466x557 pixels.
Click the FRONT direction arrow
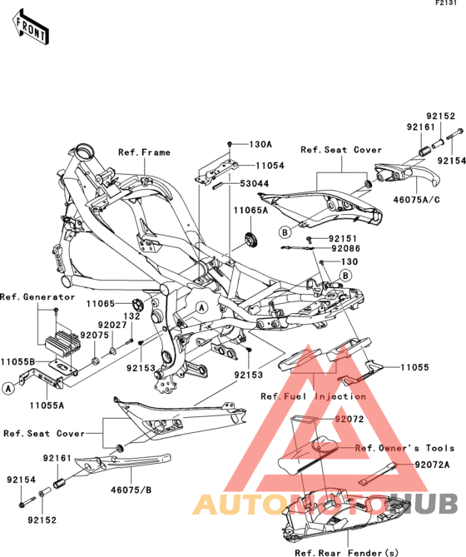click(31, 27)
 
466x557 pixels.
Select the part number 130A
click(260, 144)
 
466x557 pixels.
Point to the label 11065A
click(250, 211)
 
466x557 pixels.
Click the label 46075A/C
click(416, 200)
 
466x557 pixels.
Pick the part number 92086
click(346, 248)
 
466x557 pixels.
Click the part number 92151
click(343, 239)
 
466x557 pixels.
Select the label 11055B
click(17, 362)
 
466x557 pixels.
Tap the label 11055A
click(47, 405)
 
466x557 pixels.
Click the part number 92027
click(112, 325)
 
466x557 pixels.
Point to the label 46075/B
click(131, 490)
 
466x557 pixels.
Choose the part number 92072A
click(432, 465)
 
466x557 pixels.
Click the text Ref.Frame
click(144, 152)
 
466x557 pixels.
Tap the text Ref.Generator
click(37, 297)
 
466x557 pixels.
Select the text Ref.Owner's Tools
click(405, 448)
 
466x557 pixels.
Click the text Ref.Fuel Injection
click(314, 396)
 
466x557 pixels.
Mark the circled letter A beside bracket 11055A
click(8, 388)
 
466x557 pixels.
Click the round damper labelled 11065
click(137, 305)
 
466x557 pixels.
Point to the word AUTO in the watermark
click(240, 504)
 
